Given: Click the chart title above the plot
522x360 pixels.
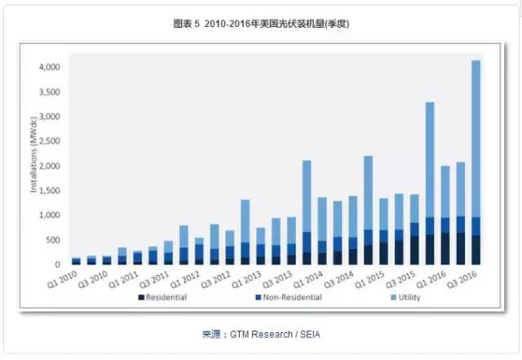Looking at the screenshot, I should click(x=261, y=23).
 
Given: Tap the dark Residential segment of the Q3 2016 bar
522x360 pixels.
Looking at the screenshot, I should click(x=475, y=250).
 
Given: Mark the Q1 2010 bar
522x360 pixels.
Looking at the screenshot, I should click(x=77, y=261).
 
